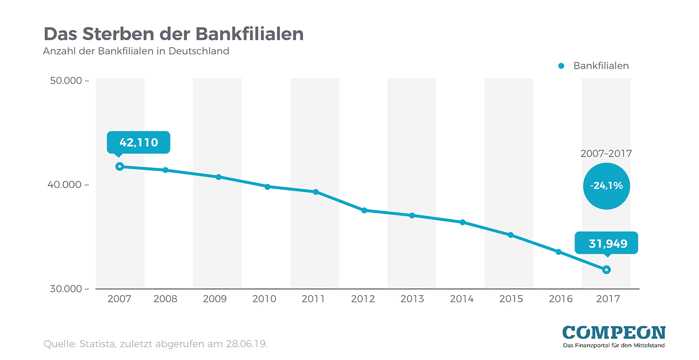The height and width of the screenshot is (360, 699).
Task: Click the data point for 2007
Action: click(x=119, y=166)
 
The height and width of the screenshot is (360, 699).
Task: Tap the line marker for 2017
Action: click(x=606, y=270)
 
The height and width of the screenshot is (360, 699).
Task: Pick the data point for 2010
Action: click(x=267, y=187)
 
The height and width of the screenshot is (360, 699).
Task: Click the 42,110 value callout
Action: click(x=138, y=142)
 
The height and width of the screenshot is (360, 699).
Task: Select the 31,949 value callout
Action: click(x=606, y=243)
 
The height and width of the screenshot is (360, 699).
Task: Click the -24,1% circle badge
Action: click(x=606, y=186)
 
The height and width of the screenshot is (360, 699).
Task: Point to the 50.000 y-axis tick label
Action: click(x=66, y=81)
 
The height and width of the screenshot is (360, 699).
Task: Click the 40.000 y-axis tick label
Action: click(x=66, y=185)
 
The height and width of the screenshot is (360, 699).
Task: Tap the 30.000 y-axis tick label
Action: click(x=66, y=289)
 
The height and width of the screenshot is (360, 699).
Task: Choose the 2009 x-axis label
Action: click(x=215, y=299)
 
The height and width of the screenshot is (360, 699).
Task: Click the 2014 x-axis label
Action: click(x=462, y=299)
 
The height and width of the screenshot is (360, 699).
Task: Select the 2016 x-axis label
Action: click(x=561, y=299)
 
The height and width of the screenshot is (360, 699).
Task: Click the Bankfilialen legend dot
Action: click(x=561, y=66)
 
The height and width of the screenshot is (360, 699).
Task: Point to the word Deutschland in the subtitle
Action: click(x=199, y=51)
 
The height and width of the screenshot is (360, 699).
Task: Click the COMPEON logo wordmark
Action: click(x=614, y=332)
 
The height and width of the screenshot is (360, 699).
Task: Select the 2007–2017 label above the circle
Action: click(x=606, y=153)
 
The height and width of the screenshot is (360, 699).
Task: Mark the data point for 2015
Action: click(x=511, y=235)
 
